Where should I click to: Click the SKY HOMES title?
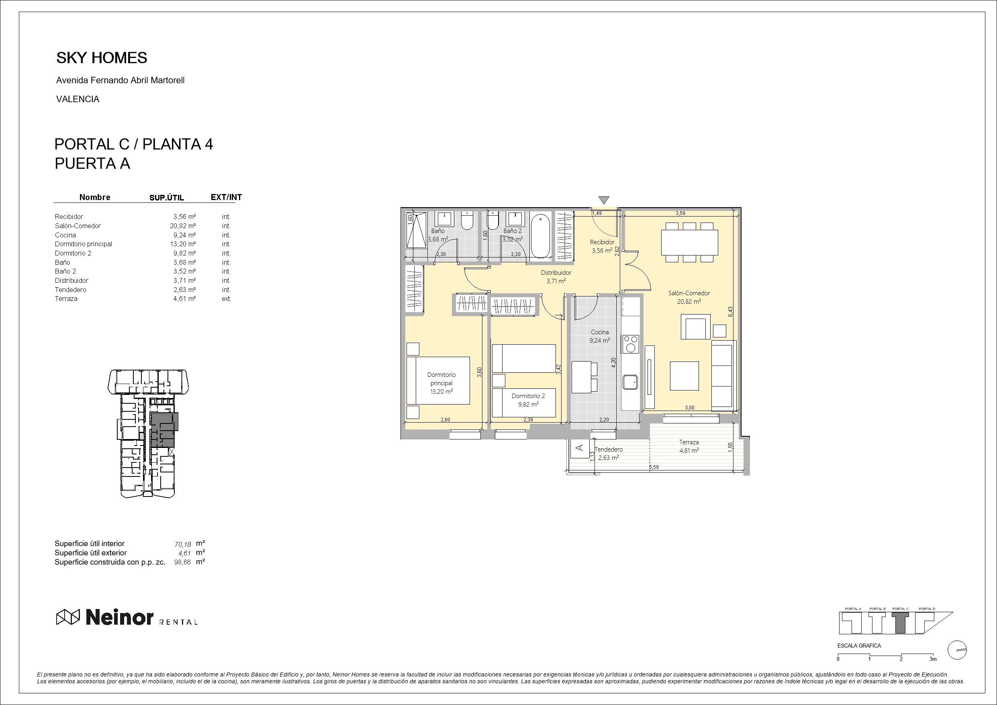coord(102,58)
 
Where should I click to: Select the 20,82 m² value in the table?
coord(182,226)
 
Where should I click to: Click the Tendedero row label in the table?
coord(70,290)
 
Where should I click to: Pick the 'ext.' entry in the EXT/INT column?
coord(226,299)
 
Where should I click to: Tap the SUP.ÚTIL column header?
coord(167,198)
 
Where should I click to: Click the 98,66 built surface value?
coord(182,562)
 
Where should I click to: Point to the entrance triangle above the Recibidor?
coord(604,200)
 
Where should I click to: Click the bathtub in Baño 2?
coord(540,236)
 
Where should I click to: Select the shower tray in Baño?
coord(416,230)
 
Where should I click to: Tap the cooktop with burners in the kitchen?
coord(630,344)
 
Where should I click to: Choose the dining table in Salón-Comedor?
coord(689,242)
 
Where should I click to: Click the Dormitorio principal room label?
coord(441,379)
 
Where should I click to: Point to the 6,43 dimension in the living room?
coord(730,311)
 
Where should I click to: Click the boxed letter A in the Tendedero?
coord(579,448)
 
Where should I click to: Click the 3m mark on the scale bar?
coord(933,659)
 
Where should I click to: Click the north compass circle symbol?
coord(957,650)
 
